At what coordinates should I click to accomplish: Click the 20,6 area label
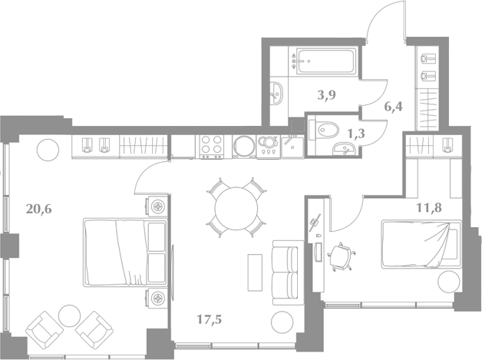click(x=38, y=210)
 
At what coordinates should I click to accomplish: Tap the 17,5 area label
click(x=209, y=320)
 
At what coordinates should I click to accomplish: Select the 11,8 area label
click(x=429, y=208)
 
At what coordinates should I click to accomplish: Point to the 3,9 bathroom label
click(x=326, y=95)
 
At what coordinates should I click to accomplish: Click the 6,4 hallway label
click(x=393, y=107)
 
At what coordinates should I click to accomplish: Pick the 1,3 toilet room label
click(x=355, y=134)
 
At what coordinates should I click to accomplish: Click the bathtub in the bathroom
click(x=326, y=61)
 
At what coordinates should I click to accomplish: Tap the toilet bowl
click(x=325, y=130)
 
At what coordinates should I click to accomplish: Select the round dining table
click(x=236, y=209)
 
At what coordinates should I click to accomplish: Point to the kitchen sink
click(x=292, y=147)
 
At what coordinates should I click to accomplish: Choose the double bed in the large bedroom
click(x=125, y=253)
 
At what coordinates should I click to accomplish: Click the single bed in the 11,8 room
click(x=421, y=244)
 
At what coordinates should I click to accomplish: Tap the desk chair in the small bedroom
click(x=341, y=256)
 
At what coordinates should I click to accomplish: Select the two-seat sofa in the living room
click(x=285, y=272)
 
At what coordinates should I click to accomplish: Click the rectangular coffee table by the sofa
click(x=255, y=272)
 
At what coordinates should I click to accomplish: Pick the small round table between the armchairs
click(x=70, y=315)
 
